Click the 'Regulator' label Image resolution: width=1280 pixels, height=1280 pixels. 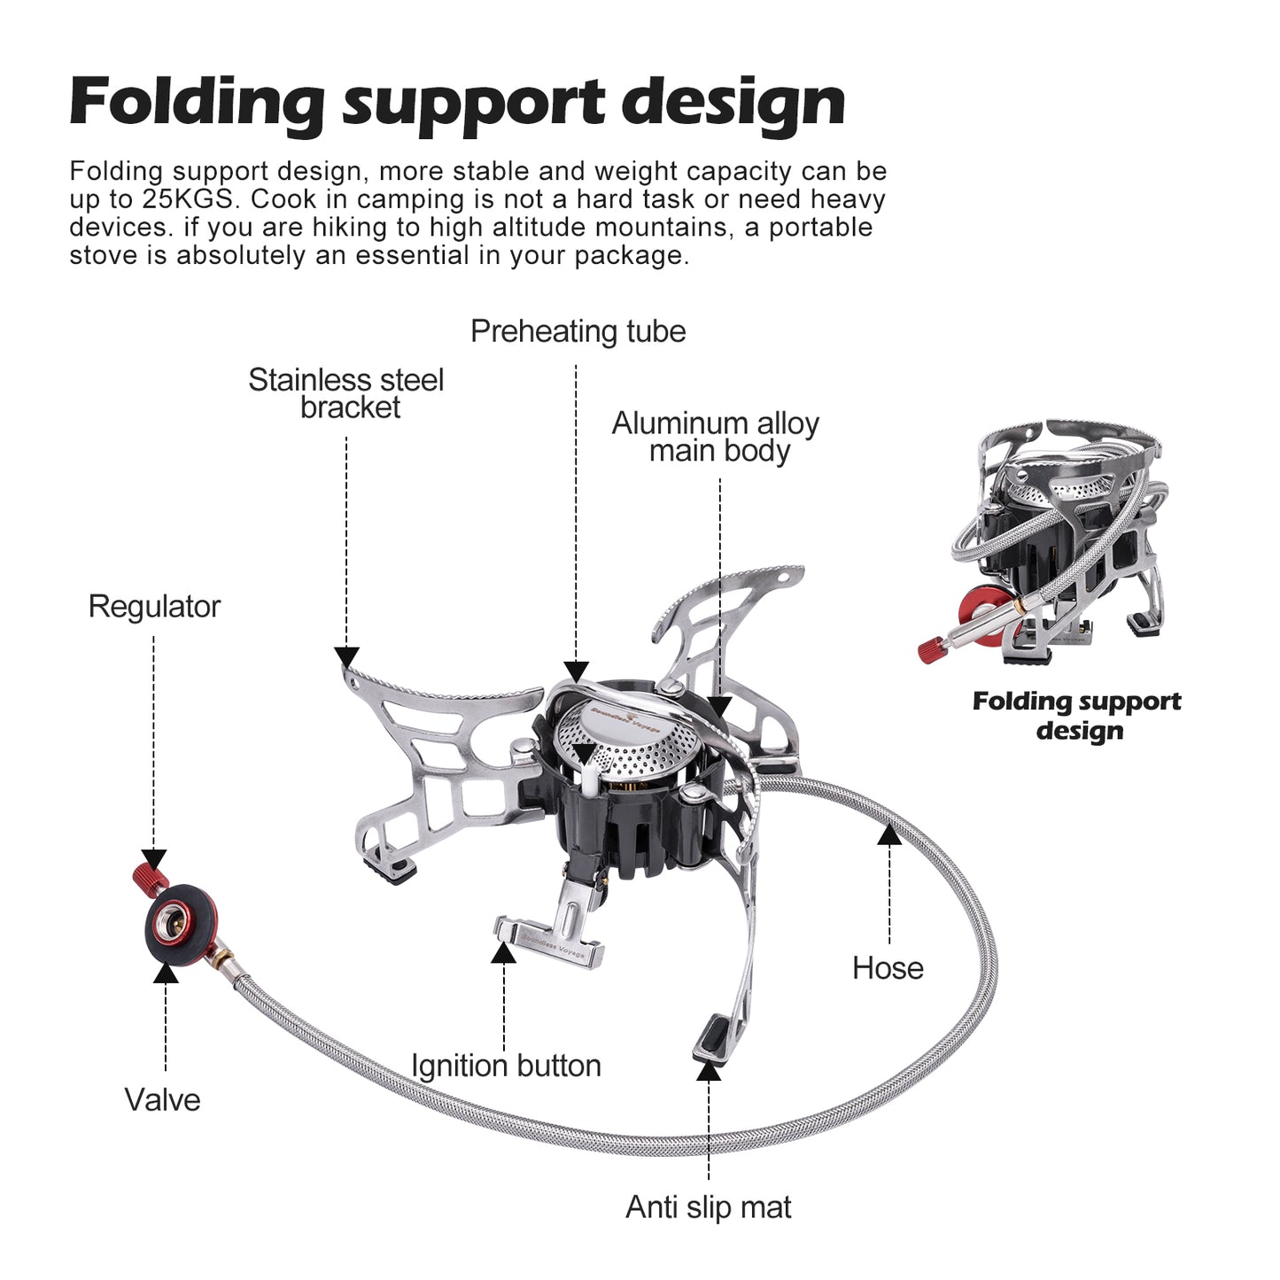pyautogui.click(x=154, y=607)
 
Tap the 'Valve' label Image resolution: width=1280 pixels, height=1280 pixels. pyautogui.click(x=162, y=1100)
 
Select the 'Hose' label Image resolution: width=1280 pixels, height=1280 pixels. pyautogui.click(x=888, y=968)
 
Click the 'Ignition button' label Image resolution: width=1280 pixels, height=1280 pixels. pyautogui.click(x=506, y=1066)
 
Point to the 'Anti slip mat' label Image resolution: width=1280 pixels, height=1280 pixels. pyautogui.click(x=708, y=1207)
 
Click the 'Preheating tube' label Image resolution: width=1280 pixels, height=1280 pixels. pyautogui.click(x=578, y=331)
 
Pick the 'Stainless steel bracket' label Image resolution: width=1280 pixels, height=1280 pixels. pyautogui.click(x=346, y=393)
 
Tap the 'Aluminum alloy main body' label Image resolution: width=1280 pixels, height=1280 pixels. pyautogui.click(x=716, y=437)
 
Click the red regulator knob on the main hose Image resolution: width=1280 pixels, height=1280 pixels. pyautogui.click(x=151, y=877)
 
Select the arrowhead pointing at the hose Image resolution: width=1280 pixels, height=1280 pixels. pyautogui.click(x=889, y=834)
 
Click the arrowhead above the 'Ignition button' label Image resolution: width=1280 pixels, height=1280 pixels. pyautogui.click(x=503, y=954)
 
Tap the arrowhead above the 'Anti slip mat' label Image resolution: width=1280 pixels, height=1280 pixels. pyautogui.click(x=708, y=1071)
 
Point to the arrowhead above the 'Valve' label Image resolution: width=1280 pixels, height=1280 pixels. pyautogui.click(x=166, y=974)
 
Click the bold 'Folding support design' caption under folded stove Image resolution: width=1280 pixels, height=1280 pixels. pyautogui.click(x=1076, y=716)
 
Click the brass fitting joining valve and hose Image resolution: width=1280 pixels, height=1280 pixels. pyautogui.click(x=222, y=959)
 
